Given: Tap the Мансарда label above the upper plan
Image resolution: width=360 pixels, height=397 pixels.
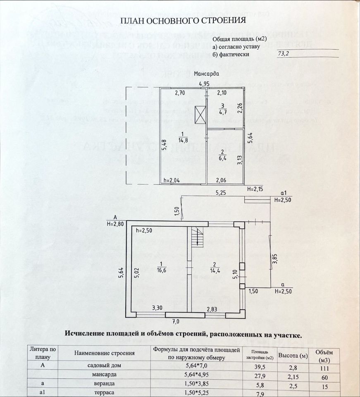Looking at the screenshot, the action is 206,74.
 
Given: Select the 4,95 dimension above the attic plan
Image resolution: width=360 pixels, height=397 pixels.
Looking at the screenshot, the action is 204,84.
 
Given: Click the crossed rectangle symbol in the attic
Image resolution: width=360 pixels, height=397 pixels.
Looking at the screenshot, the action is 200,115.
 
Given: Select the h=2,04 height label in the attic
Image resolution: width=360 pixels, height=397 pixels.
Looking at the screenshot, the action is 172,180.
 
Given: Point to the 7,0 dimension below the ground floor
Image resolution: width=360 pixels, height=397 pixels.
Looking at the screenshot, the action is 176,320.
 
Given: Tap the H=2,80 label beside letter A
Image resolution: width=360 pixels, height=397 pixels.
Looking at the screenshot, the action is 115,224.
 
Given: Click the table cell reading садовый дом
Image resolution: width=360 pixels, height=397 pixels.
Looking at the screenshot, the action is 105,366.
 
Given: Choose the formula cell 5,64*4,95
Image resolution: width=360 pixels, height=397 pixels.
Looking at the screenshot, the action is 196,375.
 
